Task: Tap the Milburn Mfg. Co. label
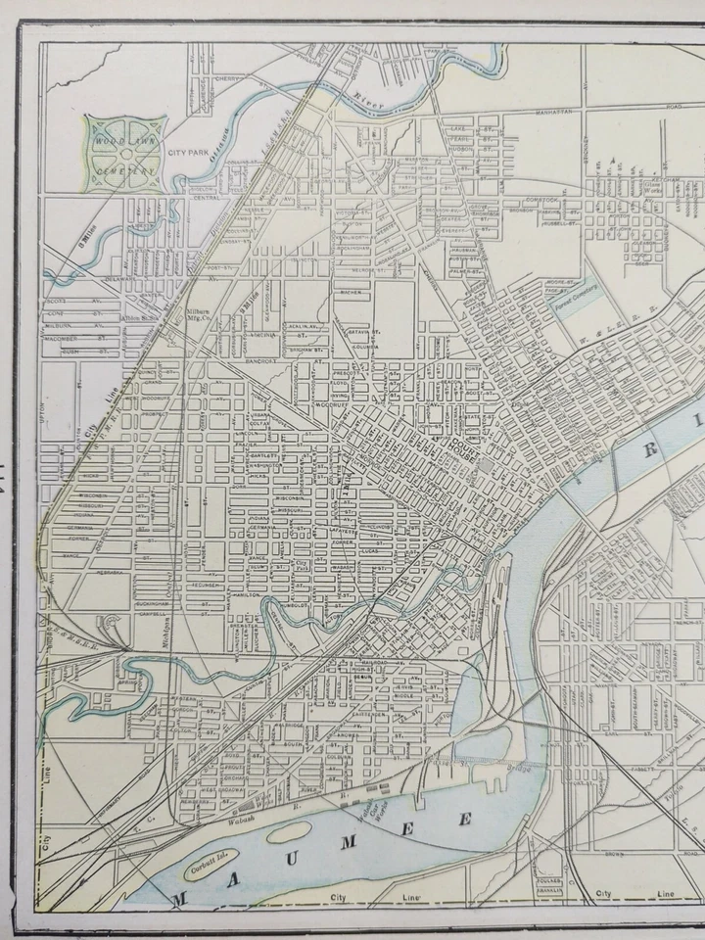click(x=201, y=315)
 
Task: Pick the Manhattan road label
click(x=559, y=114)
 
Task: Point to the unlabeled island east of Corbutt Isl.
click(x=290, y=833)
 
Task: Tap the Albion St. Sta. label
click(x=138, y=317)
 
